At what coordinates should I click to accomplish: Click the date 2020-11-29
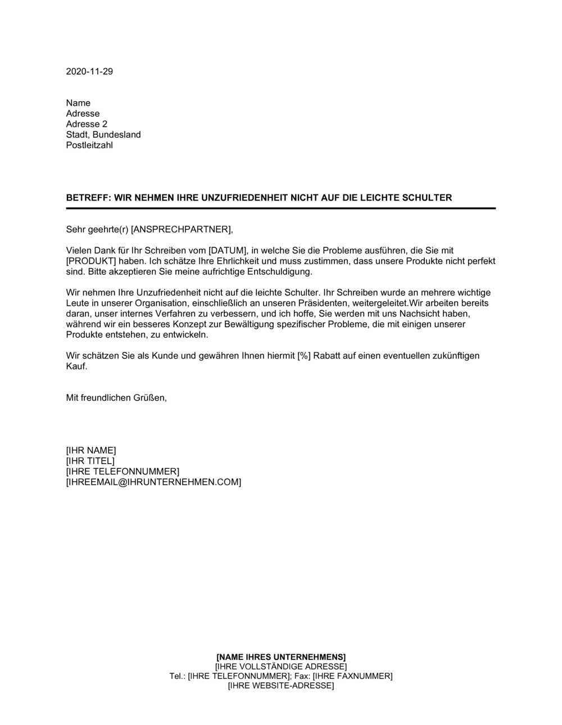point(89,71)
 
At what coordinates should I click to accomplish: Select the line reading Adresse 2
point(87,124)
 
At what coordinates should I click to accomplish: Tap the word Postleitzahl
point(89,146)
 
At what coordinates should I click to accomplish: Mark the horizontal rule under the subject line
point(280,209)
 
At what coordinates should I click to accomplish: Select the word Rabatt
point(327,356)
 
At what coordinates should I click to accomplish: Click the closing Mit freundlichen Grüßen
point(116,398)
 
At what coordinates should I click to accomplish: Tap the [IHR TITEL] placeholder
point(90,461)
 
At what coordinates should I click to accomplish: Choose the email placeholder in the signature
point(153,482)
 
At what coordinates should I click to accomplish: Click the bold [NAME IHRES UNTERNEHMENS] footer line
point(281,657)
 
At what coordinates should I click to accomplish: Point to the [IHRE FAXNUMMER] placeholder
point(352,676)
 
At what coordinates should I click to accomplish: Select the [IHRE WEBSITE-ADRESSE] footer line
point(281,686)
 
